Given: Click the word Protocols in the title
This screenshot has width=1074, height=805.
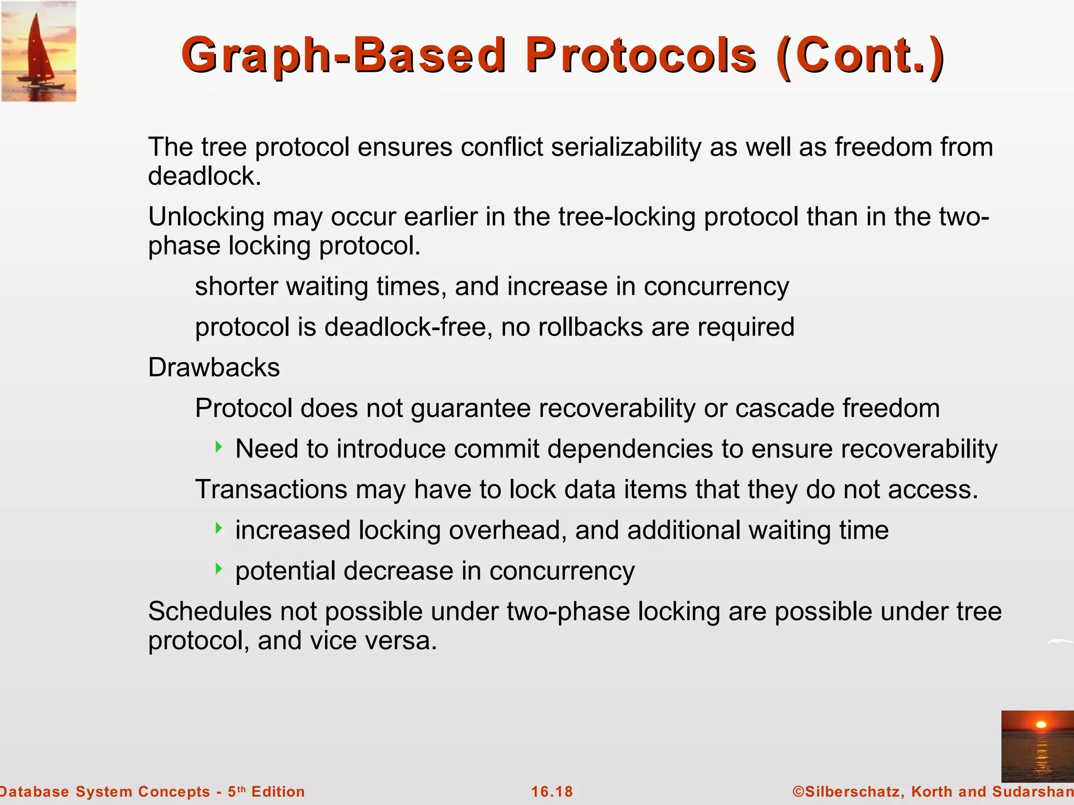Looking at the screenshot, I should [x=641, y=56].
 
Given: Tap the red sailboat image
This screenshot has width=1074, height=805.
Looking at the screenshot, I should [x=38, y=51].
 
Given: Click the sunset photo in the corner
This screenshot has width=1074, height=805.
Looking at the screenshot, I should [x=1037, y=746].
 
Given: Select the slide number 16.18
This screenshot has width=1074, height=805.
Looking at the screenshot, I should [x=552, y=791].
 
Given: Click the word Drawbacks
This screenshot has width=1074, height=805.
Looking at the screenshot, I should [x=214, y=367].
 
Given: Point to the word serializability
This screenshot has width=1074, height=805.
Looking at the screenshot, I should [x=626, y=147].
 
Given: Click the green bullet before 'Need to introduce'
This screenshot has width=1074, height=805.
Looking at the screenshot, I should [x=219, y=447].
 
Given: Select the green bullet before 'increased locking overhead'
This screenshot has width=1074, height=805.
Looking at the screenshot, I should [x=219, y=528].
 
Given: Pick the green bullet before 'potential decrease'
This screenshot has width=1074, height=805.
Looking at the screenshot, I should [x=219, y=569].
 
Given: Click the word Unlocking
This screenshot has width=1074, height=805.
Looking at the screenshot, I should [x=206, y=217].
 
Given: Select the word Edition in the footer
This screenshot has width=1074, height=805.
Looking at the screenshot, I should [x=278, y=791].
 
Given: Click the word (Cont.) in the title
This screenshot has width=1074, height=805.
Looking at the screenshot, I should [x=860, y=56].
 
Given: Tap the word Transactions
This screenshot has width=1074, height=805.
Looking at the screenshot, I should [x=271, y=489].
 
